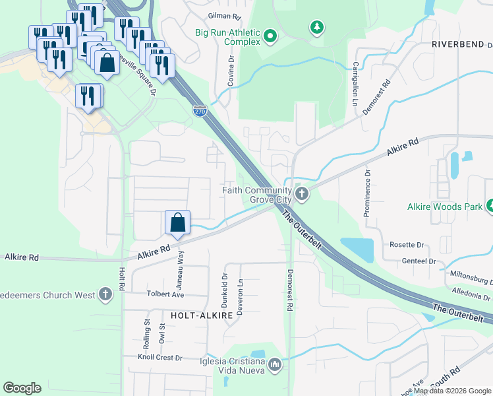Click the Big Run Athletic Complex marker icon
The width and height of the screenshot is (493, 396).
point(270,36)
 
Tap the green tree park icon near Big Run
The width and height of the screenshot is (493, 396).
point(317,27)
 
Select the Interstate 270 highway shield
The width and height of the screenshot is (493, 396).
point(200,111)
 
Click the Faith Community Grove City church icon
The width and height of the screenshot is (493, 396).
point(302,194)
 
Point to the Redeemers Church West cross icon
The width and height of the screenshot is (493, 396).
point(105,295)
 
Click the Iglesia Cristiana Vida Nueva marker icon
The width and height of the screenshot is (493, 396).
point(275,364)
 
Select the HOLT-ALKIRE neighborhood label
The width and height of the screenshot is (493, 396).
point(202,316)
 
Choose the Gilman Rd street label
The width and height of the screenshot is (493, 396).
point(223,15)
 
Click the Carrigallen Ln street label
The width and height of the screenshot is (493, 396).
point(354,82)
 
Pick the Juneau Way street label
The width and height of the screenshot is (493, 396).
point(181,266)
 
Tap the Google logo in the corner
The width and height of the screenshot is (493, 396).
point(22,388)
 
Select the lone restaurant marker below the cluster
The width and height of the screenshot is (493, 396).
point(88,96)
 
